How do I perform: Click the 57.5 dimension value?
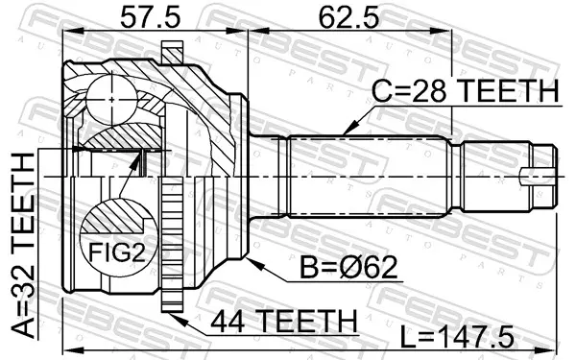[151, 18]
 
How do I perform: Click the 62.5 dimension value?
[349, 18]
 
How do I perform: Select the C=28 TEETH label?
[465, 91]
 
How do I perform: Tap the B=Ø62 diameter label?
[349, 267]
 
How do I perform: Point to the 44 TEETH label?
[284, 321]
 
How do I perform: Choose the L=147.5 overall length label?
[457, 336]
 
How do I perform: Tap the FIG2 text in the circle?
[117, 252]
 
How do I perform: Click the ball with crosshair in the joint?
[111, 99]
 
